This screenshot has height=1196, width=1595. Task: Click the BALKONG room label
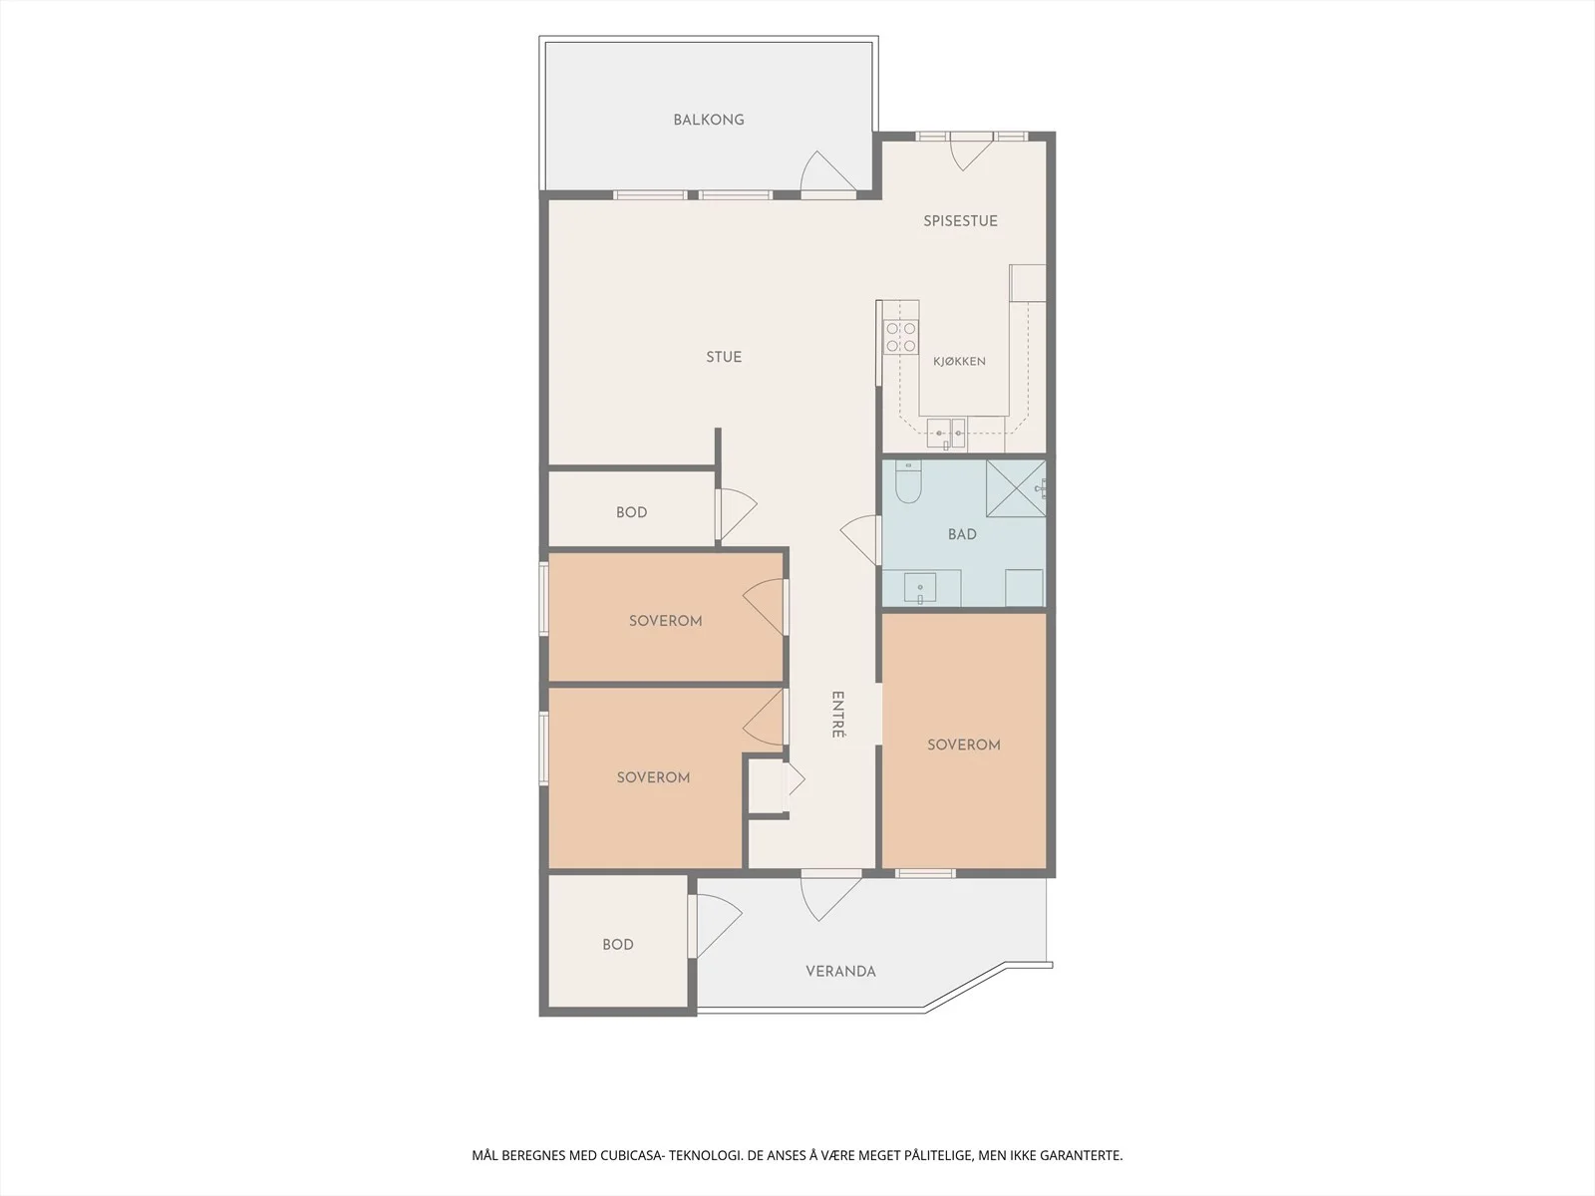click(709, 120)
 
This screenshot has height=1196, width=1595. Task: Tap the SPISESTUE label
click(960, 220)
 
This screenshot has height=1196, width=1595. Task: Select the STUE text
click(724, 357)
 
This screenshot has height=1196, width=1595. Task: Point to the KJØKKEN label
click(959, 361)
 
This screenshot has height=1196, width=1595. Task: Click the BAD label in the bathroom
click(962, 534)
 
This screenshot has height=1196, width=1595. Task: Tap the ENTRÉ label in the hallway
click(837, 715)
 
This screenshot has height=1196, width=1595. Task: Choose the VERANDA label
click(840, 971)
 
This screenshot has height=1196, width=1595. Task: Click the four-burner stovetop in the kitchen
click(901, 337)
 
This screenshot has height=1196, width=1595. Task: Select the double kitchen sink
click(946, 434)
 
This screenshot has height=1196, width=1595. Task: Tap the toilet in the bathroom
click(908, 481)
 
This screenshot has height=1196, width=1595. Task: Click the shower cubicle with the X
click(1016, 488)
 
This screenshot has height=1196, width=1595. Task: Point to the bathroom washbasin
click(920, 588)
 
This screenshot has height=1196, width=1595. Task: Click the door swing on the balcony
click(828, 174)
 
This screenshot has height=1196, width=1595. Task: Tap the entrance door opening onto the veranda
click(831, 896)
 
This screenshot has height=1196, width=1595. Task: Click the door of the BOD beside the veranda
click(715, 926)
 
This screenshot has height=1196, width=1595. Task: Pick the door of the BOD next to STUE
click(736, 513)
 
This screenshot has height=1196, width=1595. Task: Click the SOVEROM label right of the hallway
click(964, 746)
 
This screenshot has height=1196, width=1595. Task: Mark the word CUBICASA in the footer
click(632, 1155)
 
